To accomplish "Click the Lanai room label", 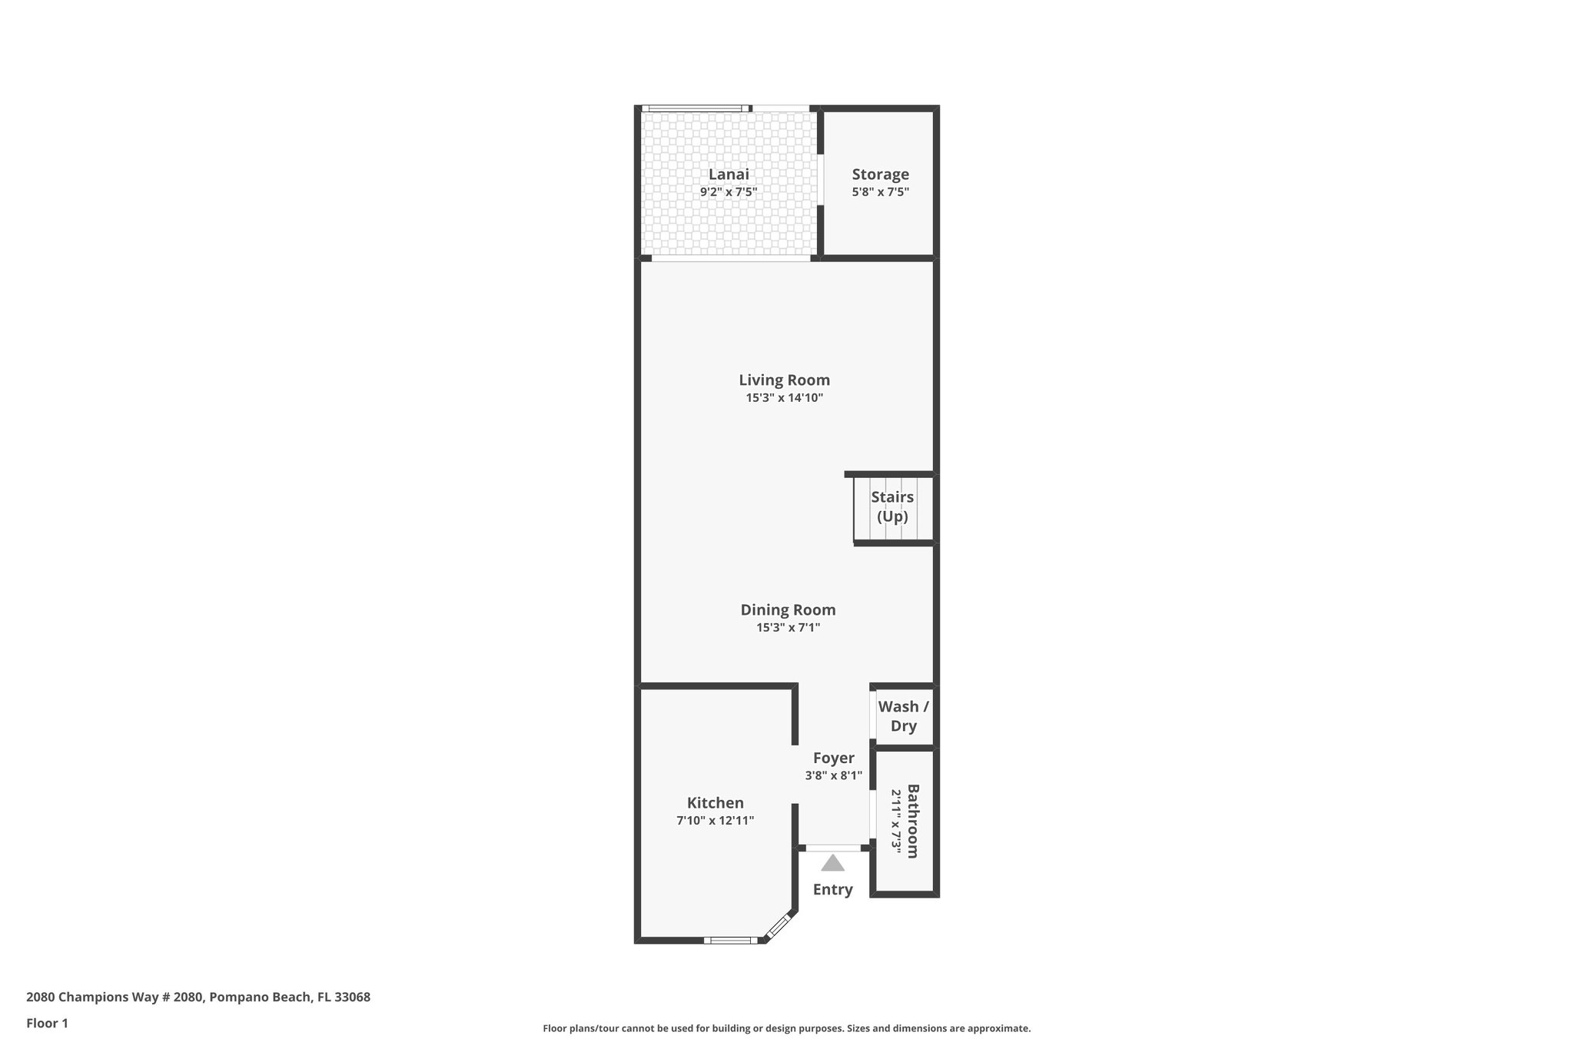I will (728, 174).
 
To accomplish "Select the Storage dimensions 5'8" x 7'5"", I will (880, 192).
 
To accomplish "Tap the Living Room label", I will (784, 380).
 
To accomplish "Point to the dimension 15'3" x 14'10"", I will (784, 398).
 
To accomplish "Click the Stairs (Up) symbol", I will (892, 507).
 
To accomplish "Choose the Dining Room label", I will (788, 609).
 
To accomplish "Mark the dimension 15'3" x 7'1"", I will (788, 628).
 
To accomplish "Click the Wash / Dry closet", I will (904, 715).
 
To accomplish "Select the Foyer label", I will (833, 758).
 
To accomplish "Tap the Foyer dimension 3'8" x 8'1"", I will (833, 776).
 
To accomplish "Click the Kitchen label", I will (715, 803).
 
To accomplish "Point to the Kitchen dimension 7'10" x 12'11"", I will (715, 821).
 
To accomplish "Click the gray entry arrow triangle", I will (832, 864).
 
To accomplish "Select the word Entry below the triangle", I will (832, 889).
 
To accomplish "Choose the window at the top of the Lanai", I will (696, 108).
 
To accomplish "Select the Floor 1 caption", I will (47, 1023).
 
